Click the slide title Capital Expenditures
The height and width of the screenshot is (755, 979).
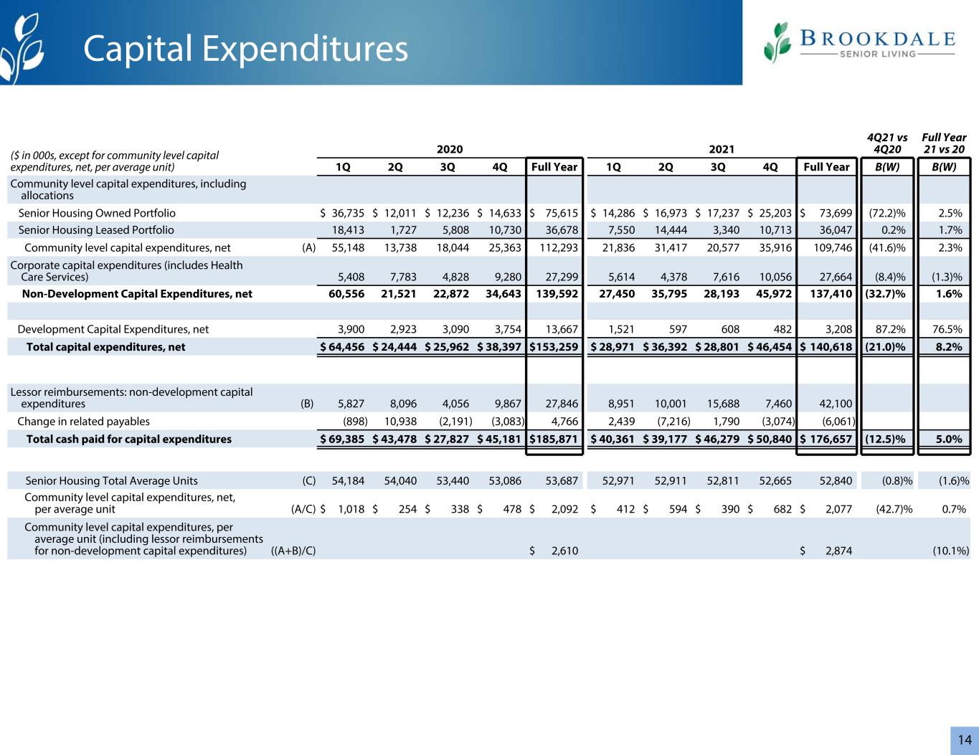pos(245,49)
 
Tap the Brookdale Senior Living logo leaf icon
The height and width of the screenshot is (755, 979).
pos(777,42)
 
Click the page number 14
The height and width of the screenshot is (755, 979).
pos(965,740)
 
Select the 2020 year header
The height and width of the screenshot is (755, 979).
pos(450,149)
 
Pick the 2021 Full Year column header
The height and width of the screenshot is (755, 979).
pos(826,167)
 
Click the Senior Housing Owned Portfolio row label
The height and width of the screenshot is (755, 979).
pos(97,213)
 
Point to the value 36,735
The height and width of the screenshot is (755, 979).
pos(348,213)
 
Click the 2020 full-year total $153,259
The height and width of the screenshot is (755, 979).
pos(554,347)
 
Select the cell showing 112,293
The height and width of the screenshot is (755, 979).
pos(559,247)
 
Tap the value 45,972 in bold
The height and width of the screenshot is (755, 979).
pos(774,294)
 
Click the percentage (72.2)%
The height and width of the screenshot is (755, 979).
pos(887,213)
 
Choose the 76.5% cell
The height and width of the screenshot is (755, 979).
pos(947,329)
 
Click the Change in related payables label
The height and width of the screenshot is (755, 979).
pos(83,422)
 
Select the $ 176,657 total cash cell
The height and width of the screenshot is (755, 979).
pos(826,439)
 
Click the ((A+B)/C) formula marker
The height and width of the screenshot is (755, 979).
pos(293,551)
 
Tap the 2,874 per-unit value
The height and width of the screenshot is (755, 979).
pos(838,551)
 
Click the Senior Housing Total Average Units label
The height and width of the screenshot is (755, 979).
pos(111,481)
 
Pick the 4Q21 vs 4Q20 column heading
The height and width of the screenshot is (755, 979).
pos(887,143)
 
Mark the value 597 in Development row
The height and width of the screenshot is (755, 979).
pos(678,329)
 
